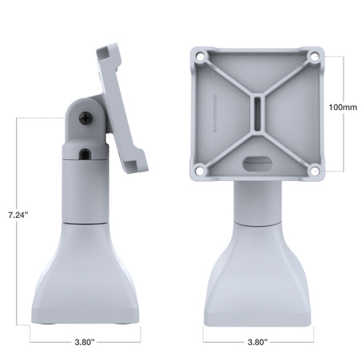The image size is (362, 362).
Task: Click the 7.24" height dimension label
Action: (16, 216)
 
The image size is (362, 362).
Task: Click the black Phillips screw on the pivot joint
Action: (85, 117)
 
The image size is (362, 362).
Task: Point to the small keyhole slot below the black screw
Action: (84, 150)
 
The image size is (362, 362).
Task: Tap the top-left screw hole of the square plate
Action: (200, 56)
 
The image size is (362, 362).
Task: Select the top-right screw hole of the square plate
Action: (314, 56)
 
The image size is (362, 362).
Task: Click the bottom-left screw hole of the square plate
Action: (200, 170)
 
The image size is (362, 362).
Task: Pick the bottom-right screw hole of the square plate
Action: (314, 170)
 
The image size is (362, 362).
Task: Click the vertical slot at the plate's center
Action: (257, 113)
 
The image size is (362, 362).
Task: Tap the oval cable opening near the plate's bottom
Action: (257, 161)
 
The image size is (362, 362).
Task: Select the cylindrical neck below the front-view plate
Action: (257, 201)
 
